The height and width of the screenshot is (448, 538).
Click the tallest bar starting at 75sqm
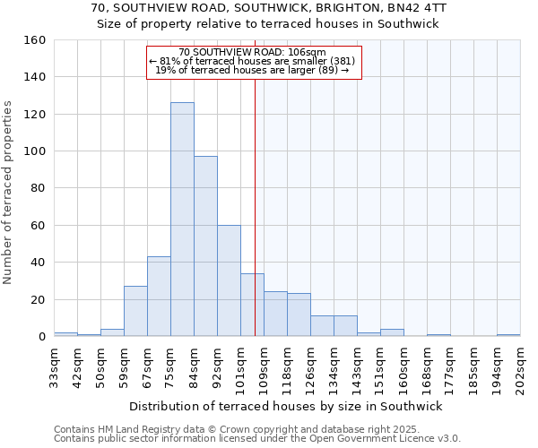[x=182, y=220]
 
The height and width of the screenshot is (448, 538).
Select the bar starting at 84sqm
[x=205, y=246]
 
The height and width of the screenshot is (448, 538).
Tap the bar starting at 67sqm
[x=159, y=297]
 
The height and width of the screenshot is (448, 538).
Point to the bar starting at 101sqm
[x=252, y=305]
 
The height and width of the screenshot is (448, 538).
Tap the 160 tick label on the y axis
[x=35, y=40]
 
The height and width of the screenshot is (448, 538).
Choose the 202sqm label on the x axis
[x=520, y=368]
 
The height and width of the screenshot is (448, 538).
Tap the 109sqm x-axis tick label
[x=264, y=368]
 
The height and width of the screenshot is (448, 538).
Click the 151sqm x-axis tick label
[x=380, y=368]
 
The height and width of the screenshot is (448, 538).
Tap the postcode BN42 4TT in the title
[x=413, y=7]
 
